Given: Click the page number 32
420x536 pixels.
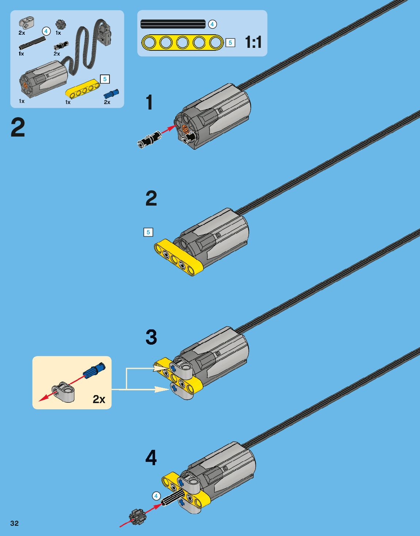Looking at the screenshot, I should click(x=14, y=523).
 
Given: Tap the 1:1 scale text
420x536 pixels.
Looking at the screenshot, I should click(x=253, y=42).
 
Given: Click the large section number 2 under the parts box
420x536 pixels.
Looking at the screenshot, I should click(x=18, y=128).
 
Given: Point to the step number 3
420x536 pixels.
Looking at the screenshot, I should click(x=151, y=337).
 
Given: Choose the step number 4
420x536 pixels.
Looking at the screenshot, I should click(x=151, y=457).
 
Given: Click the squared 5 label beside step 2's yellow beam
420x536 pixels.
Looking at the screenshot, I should click(x=148, y=232).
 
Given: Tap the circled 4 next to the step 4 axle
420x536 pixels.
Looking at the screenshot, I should click(x=156, y=496).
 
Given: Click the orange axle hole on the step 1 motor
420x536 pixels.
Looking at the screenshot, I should click(x=185, y=129).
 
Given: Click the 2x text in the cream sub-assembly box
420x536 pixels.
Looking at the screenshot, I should click(x=99, y=399).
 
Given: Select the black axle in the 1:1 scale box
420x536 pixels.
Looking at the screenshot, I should click(x=173, y=24).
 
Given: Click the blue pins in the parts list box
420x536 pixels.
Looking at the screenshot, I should click(x=111, y=93).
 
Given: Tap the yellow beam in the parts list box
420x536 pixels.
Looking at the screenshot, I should click(x=82, y=89).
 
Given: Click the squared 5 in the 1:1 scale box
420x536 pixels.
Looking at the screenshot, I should click(x=230, y=43).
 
